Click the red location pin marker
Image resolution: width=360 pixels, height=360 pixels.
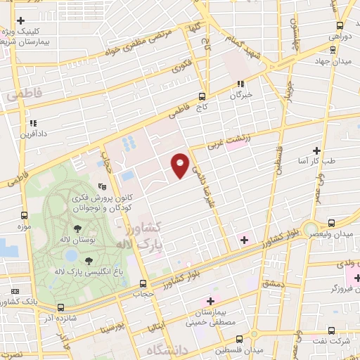tap(181, 165)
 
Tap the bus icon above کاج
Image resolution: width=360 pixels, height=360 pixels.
tap(202, 96)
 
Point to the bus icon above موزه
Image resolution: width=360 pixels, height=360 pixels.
tap(25, 216)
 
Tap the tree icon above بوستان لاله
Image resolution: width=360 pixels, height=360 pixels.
tap(77, 229)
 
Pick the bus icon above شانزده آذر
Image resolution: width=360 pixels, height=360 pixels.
tap(60, 307)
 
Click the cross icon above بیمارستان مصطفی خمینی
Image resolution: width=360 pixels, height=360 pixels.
tap(210, 300)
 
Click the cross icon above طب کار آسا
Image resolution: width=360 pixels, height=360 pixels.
tap(316, 150)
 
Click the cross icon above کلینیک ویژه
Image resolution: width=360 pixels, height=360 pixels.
tap(21, 20)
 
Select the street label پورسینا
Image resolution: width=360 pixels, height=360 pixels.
tap(112, 328)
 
